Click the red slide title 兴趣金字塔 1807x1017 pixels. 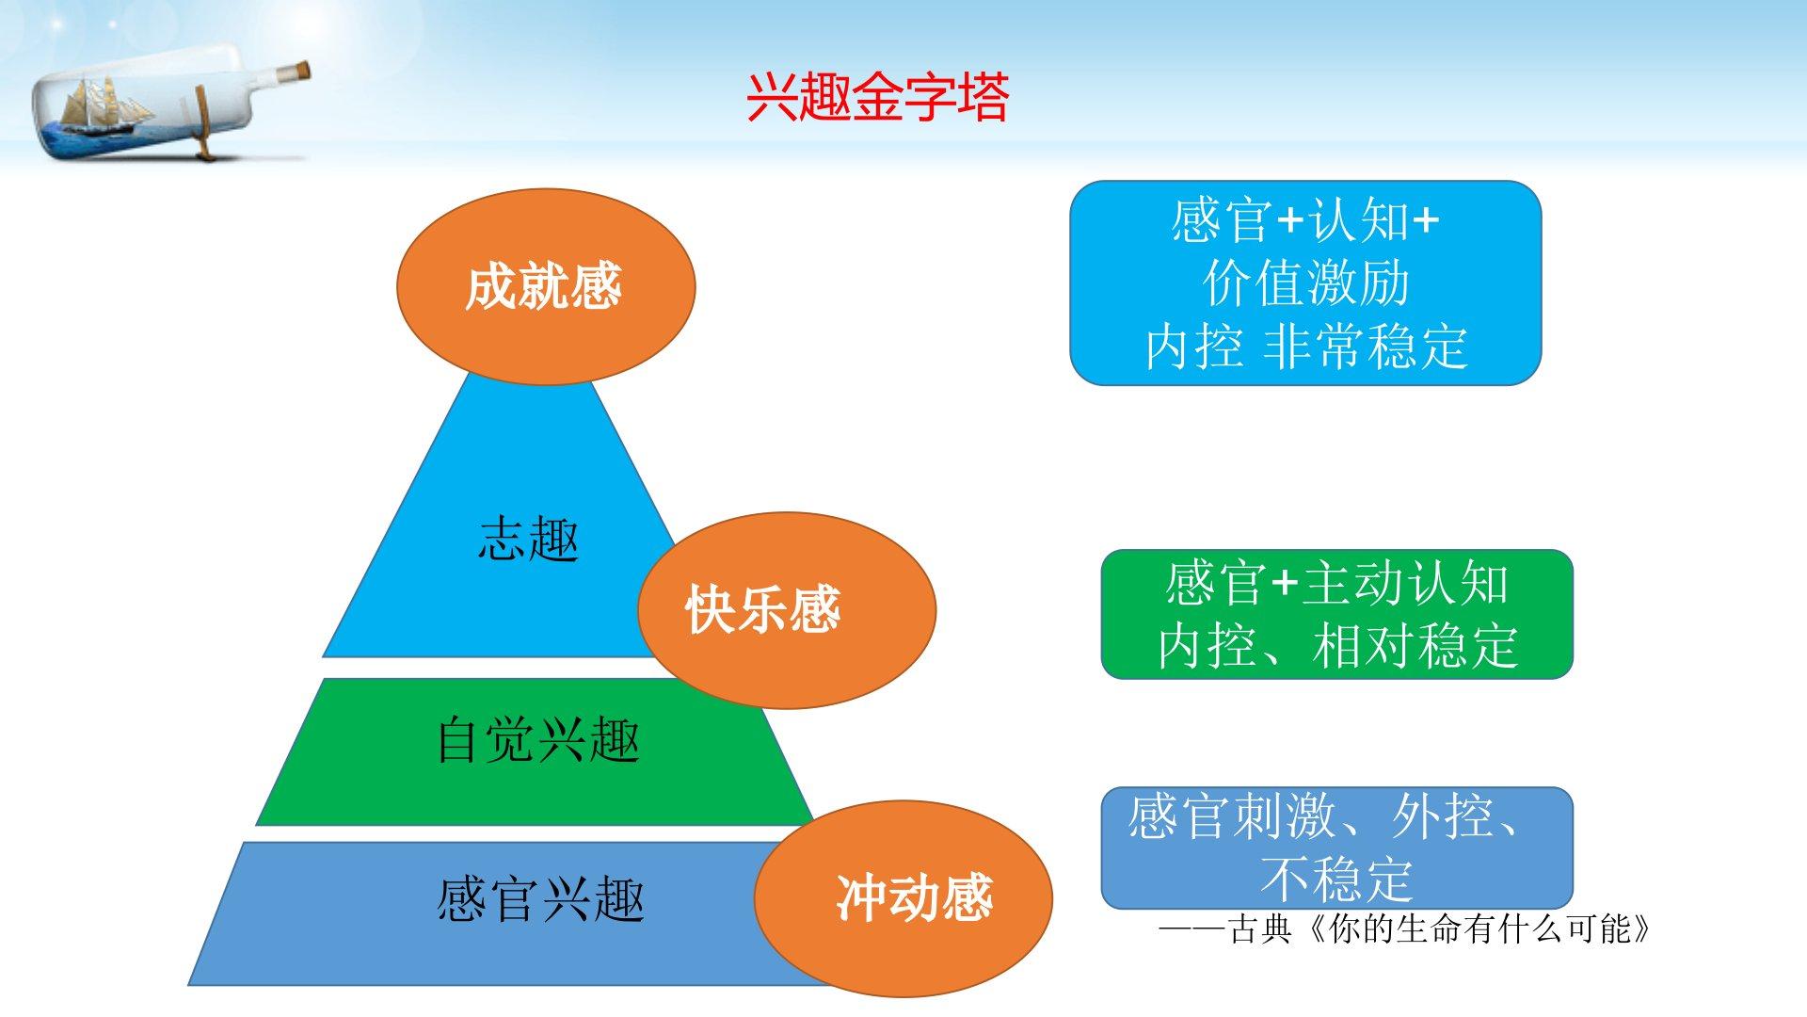pos(877,97)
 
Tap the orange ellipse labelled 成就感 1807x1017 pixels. pos(545,286)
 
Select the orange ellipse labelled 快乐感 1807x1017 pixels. pos(787,610)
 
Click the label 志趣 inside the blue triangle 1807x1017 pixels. pos(528,539)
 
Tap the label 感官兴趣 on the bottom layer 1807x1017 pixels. pos(540,898)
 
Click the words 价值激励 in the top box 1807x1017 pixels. pos(1305,283)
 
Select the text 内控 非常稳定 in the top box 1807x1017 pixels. pos(1306,347)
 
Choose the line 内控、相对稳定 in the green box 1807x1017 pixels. pos(1337,646)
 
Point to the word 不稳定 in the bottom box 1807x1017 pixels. pos(1337,879)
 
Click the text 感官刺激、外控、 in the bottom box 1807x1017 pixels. pos(1324,816)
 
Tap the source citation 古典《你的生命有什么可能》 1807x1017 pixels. pos(1440,930)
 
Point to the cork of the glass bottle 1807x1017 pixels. pos(297,72)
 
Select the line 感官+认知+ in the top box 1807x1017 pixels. pos(1305,220)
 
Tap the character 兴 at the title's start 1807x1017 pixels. pos(772,97)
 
